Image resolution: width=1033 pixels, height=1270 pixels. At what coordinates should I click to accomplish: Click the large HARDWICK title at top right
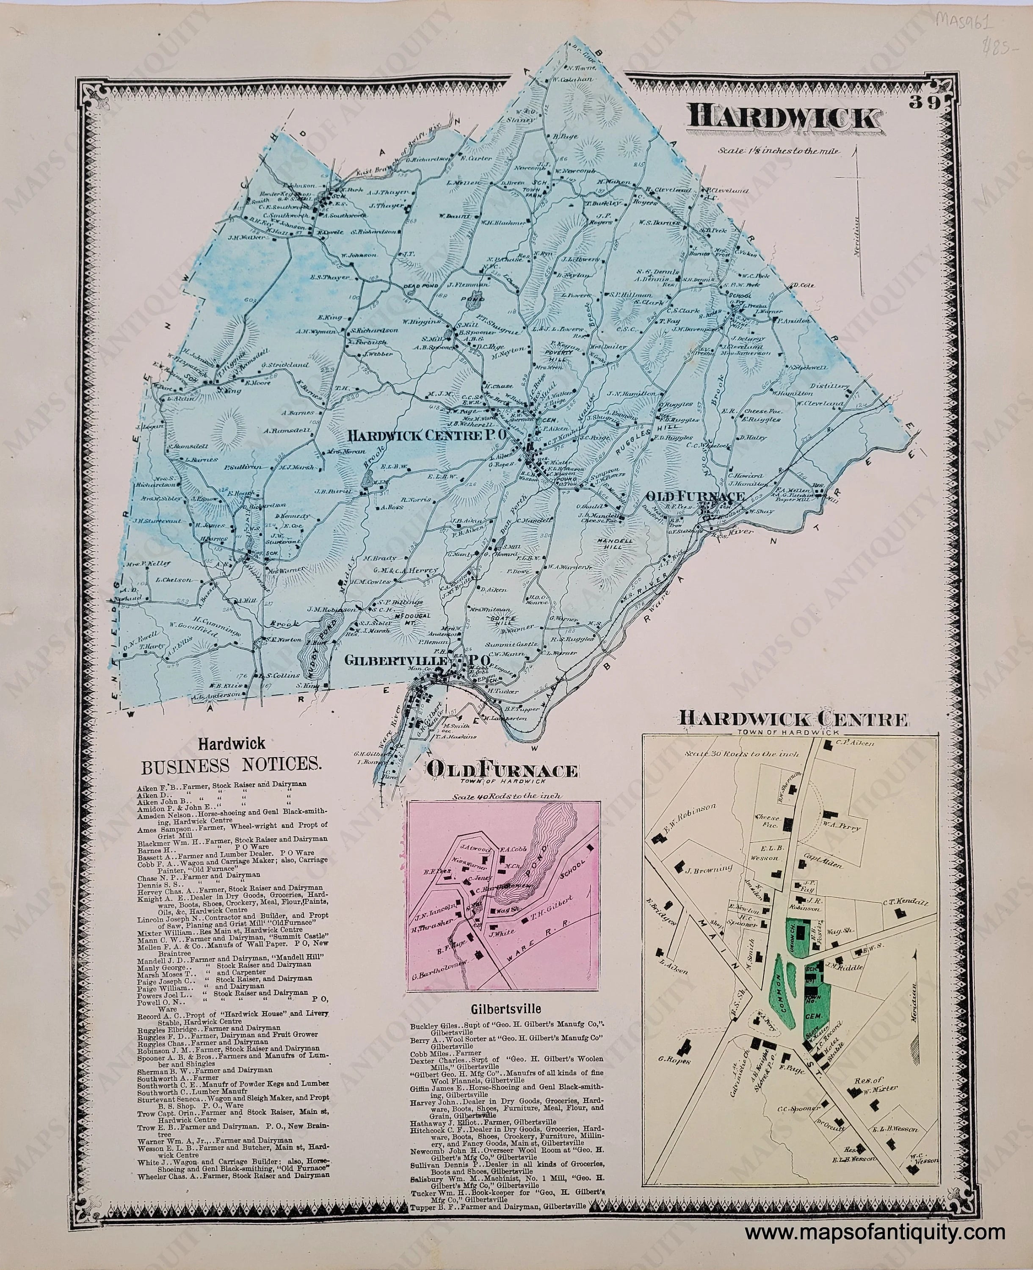(782, 117)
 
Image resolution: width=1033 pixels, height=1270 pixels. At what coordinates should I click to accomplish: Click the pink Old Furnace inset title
(502, 771)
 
